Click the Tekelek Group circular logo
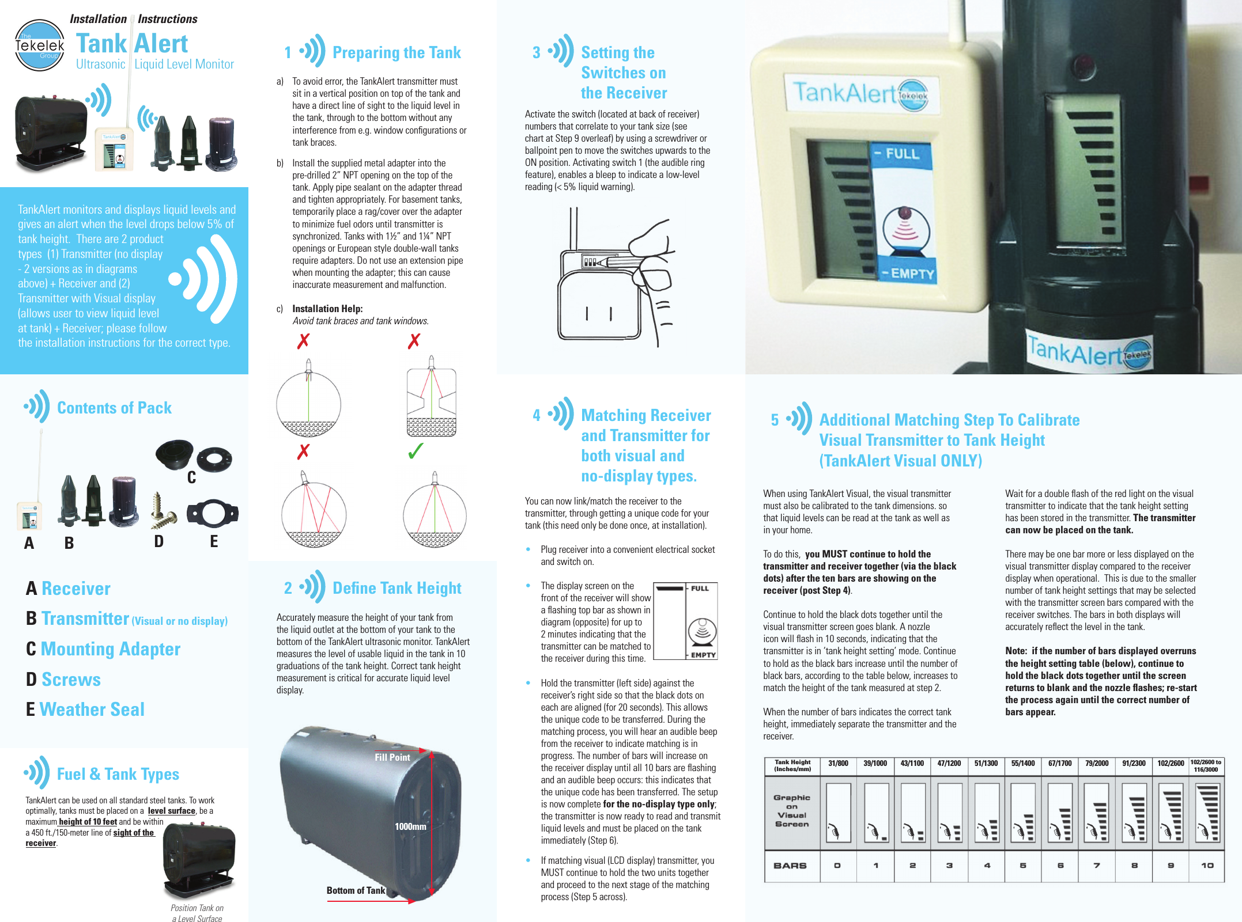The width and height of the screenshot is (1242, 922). coord(39,45)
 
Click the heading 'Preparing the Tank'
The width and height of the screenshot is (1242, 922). coord(397,52)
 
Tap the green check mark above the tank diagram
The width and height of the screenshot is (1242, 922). coord(415,451)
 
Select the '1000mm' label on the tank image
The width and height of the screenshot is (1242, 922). coord(410,826)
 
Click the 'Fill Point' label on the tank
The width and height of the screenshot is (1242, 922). coord(392,757)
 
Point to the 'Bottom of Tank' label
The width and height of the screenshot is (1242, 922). coord(356,890)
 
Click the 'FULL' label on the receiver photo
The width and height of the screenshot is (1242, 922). coord(902,154)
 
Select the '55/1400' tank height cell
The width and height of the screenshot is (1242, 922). coord(1023,764)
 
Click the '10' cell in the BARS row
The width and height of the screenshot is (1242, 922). coord(1207,866)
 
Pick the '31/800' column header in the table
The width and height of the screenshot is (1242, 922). coord(838,764)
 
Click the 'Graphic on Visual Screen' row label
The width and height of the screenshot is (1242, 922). coord(792,811)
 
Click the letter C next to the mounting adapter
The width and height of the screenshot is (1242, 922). coord(191,477)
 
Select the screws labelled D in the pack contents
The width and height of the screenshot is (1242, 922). coord(162,512)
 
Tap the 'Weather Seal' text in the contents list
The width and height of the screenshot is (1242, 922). coord(92,709)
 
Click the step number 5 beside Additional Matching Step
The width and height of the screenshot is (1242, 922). coord(775,420)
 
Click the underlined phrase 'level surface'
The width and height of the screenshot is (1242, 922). coord(171,811)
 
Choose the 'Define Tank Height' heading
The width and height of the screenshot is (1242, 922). coord(397,588)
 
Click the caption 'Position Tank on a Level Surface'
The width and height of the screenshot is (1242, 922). coord(197,913)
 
